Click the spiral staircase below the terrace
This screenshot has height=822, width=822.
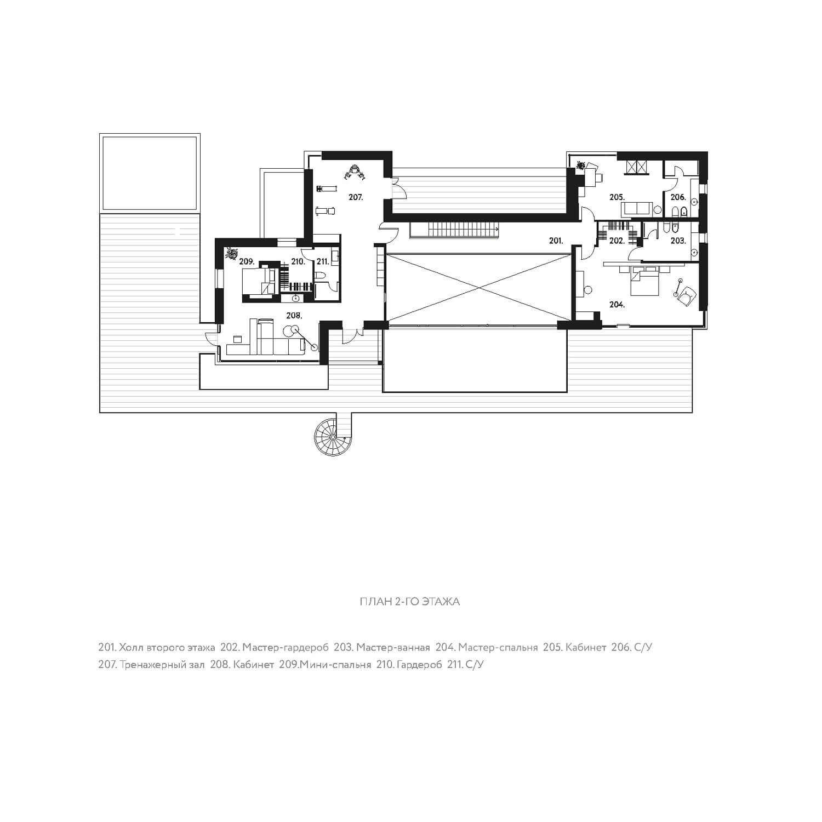click(331, 436)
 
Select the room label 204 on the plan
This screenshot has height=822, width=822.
click(617, 305)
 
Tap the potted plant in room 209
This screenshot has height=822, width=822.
click(231, 253)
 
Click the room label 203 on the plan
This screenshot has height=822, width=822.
click(678, 241)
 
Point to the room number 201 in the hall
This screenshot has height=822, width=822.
click(556, 241)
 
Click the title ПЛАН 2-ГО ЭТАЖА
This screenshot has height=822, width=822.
click(409, 602)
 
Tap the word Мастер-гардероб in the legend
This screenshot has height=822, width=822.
click(285, 648)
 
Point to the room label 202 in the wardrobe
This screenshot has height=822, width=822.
click(617, 241)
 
